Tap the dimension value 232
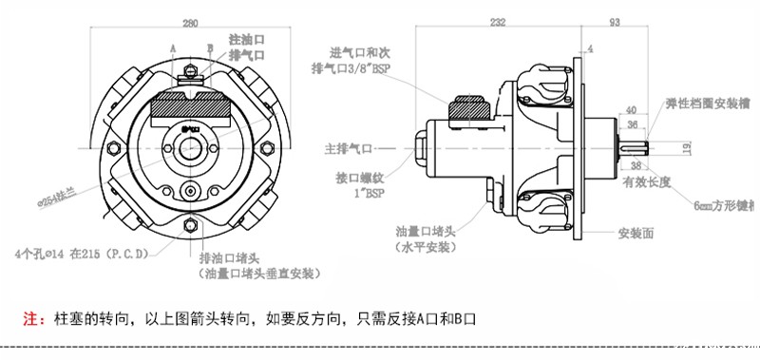(x=497, y=21)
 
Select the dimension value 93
(x=616, y=21)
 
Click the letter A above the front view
(x=174, y=47)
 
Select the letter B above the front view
(x=211, y=47)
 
